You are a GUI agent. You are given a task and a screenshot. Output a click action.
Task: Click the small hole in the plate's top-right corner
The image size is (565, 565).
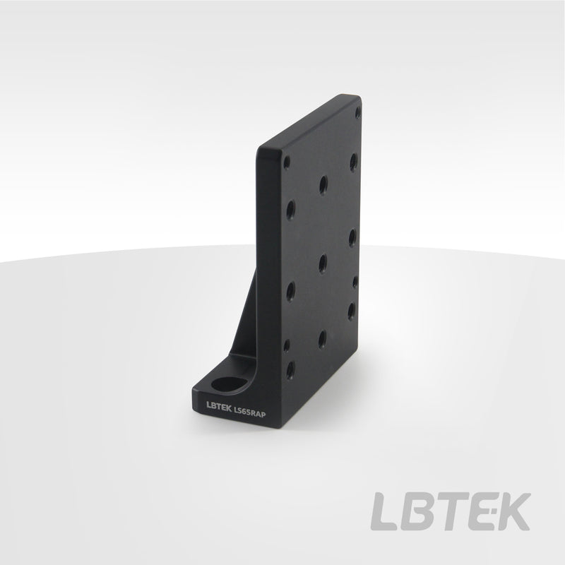pos(357,112)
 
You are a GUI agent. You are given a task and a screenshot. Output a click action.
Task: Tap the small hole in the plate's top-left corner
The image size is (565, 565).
pos(287,162)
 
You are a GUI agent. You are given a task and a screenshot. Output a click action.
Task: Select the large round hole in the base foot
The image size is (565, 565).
pos(228,384)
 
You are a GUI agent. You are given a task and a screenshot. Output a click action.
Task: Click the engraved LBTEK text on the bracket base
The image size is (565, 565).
pos(219,405)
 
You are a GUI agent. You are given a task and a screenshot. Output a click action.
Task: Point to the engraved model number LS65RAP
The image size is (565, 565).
pos(250,412)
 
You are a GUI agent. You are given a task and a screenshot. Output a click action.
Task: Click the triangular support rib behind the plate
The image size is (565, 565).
pos(245,321)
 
